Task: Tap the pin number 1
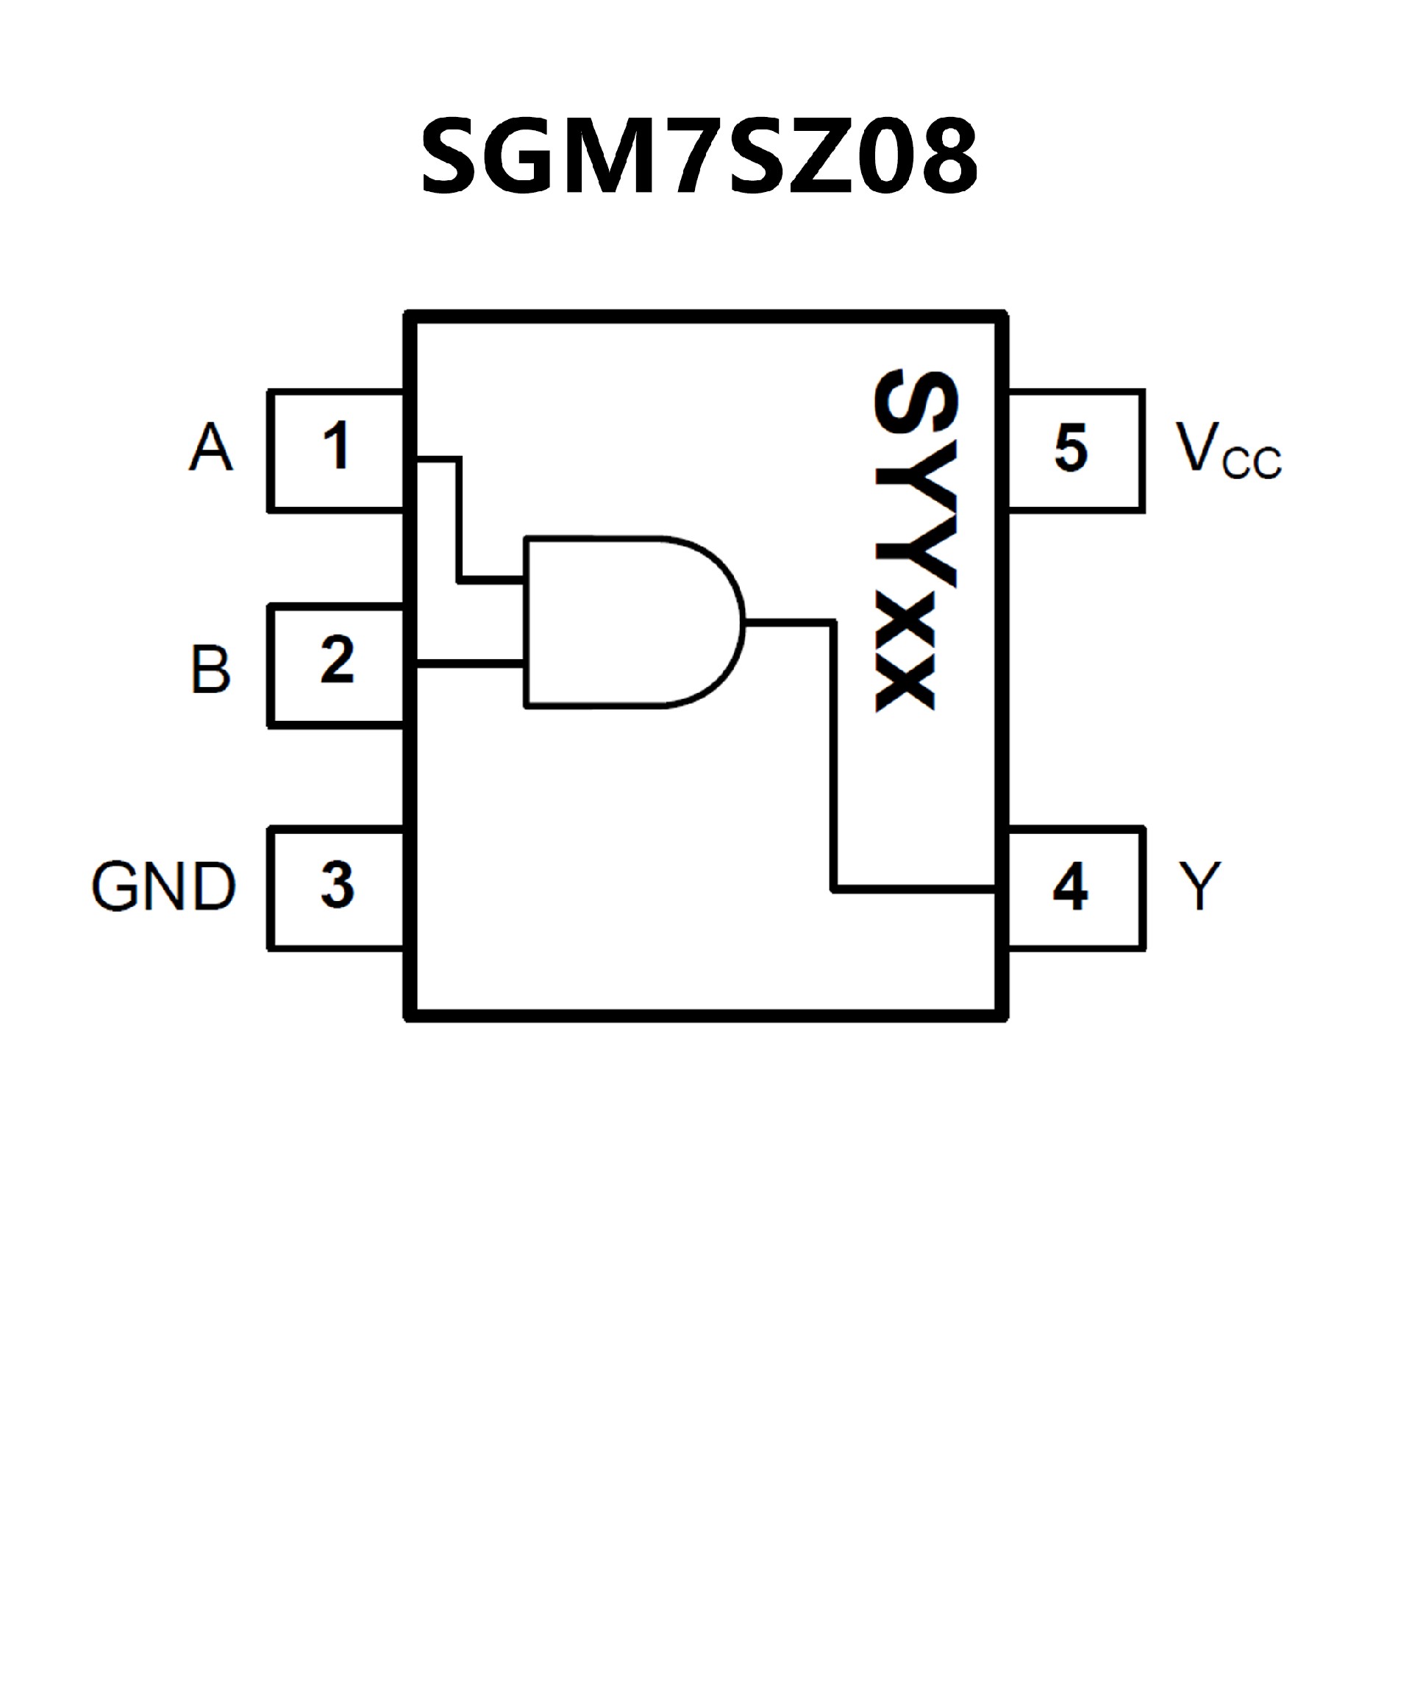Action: click(336, 446)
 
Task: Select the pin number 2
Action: click(337, 660)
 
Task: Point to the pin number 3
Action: click(337, 885)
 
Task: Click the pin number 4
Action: click(1069, 887)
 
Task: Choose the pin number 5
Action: click(1070, 448)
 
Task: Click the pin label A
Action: click(211, 447)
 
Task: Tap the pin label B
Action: click(210, 669)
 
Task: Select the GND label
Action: click(164, 887)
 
